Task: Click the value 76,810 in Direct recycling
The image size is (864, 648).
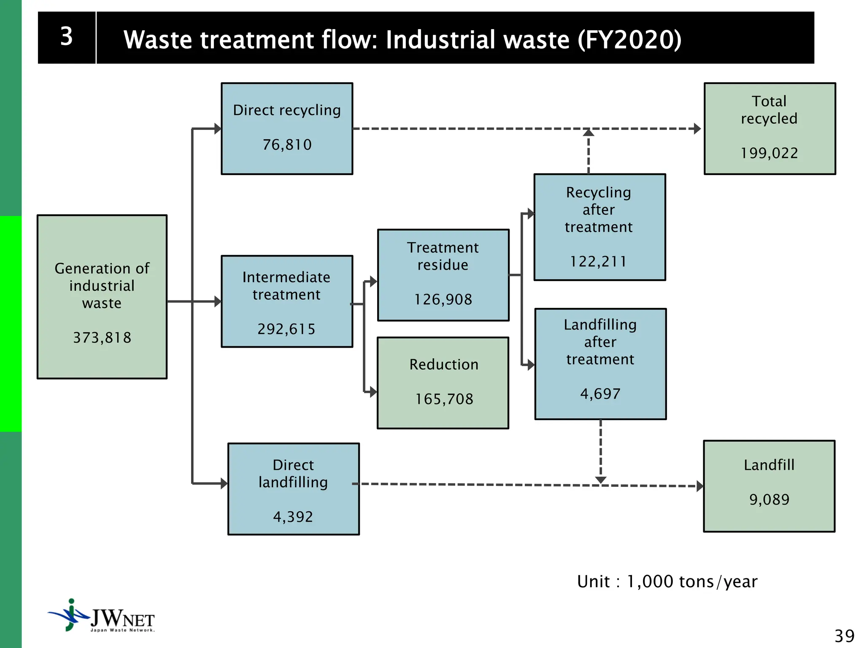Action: [287, 145]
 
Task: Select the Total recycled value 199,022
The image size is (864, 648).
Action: [769, 153]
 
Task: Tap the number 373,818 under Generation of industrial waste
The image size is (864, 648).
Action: [102, 337]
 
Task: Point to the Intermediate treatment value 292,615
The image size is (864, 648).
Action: [286, 329]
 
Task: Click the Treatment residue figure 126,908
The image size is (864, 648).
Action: [443, 300]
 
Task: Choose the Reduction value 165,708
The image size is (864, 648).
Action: [444, 399]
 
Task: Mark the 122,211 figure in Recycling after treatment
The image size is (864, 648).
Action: [598, 262]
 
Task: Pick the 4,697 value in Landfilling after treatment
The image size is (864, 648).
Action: [600, 394]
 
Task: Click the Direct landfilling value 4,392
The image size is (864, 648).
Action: [293, 517]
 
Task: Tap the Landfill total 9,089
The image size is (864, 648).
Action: [769, 499]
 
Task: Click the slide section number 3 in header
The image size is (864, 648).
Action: [66, 37]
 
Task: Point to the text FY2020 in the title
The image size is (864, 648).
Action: [629, 40]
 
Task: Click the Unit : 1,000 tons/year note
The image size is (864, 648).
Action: [667, 581]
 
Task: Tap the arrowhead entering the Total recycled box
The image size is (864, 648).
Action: [697, 128]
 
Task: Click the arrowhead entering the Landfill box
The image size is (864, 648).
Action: [699, 486]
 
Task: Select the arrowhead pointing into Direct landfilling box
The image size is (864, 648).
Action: [224, 483]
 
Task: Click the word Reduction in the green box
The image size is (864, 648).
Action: [444, 364]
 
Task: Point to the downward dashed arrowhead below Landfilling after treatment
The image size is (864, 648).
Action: [600, 480]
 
